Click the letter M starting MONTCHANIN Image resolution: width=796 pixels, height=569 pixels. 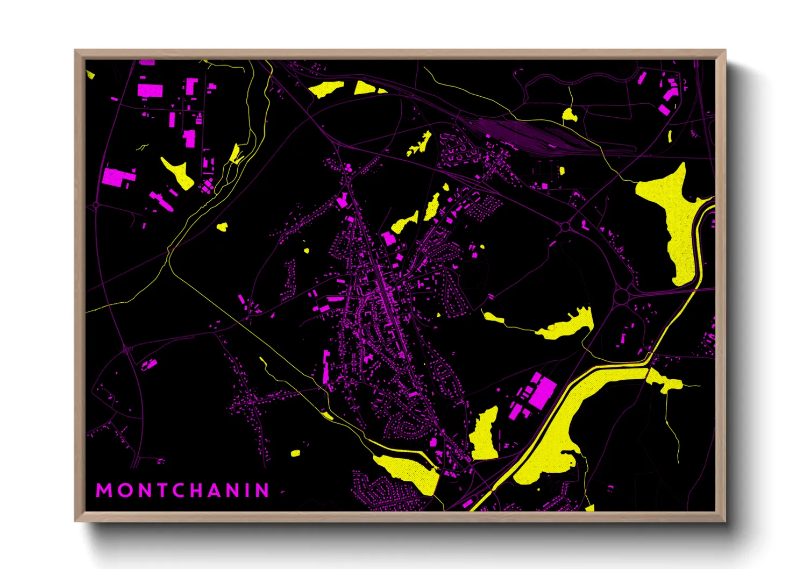tap(104, 490)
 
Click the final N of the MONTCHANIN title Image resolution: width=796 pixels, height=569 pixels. tap(262, 490)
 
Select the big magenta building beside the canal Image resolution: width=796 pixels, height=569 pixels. tap(543, 392)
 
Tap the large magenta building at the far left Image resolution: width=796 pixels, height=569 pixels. tap(115, 177)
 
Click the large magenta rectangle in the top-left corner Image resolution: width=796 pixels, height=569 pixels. tap(150, 90)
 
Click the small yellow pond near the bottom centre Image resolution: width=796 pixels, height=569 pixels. tap(295, 453)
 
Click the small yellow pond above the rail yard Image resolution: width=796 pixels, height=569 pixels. tap(569, 115)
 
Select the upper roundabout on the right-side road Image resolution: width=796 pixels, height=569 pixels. tap(565, 227)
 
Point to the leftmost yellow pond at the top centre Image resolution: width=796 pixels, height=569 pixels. tap(326, 89)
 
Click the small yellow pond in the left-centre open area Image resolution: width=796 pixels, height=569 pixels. tap(222, 227)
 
